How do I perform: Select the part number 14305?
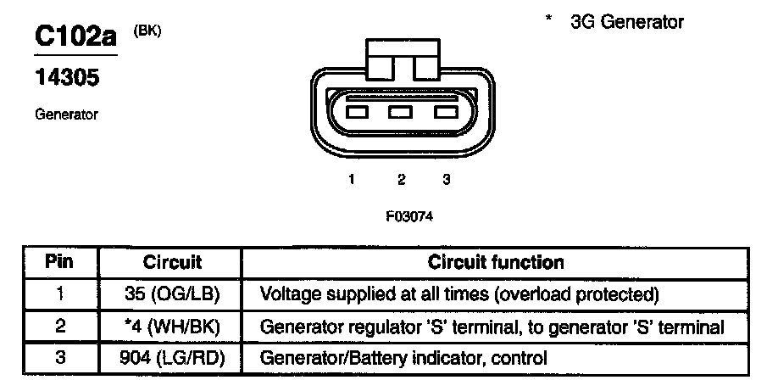pos(67,78)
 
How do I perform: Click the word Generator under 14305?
pos(67,113)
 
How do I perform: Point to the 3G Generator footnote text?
pos(626,22)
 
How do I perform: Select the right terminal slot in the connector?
pos(443,112)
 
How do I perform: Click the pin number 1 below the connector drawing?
pos(350,179)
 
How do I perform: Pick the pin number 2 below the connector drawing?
pos(401,179)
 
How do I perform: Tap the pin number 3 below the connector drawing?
pos(446,179)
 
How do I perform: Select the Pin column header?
pos(59,261)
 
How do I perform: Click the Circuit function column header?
pos(495,261)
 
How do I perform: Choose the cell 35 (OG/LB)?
pos(171,294)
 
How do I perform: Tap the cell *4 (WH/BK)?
pos(171,327)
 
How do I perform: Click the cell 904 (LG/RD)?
pos(171,358)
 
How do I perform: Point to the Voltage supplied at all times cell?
pos(458,294)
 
